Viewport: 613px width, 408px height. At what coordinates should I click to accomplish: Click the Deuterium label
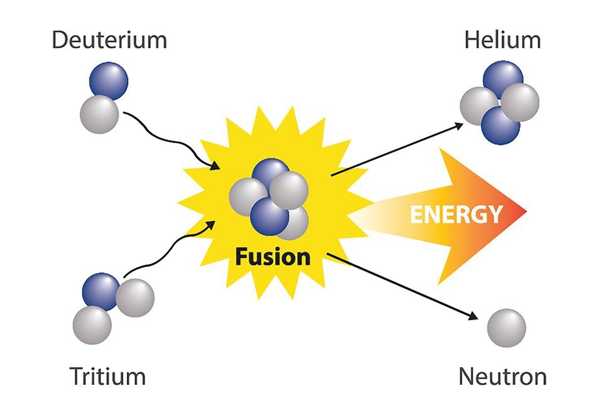pyautogui.click(x=109, y=40)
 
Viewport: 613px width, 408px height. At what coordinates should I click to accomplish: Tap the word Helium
pyautogui.click(x=502, y=40)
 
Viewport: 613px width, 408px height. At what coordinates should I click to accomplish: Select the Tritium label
pyautogui.click(x=107, y=377)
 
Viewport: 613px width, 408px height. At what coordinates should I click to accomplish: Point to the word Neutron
pyautogui.click(x=502, y=377)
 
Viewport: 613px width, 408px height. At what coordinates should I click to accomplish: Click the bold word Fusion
pyautogui.click(x=273, y=256)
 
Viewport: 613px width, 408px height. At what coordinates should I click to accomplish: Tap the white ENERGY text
pyautogui.click(x=456, y=214)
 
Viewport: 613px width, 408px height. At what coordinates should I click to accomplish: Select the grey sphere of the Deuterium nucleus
pyautogui.click(x=99, y=114)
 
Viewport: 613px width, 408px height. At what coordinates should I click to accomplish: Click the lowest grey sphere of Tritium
pyautogui.click(x=92, y=325)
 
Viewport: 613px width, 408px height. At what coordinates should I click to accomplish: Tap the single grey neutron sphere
pyautogui.click(x=506, y=328)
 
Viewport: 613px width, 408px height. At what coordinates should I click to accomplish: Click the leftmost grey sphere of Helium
pyautogui.click(x=477, y=105)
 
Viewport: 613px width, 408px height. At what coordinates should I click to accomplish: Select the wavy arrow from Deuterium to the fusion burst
pyautogui.click(x=170, y=137)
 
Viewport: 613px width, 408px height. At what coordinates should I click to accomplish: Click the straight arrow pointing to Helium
pyautogui.click(x=396, y=148)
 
